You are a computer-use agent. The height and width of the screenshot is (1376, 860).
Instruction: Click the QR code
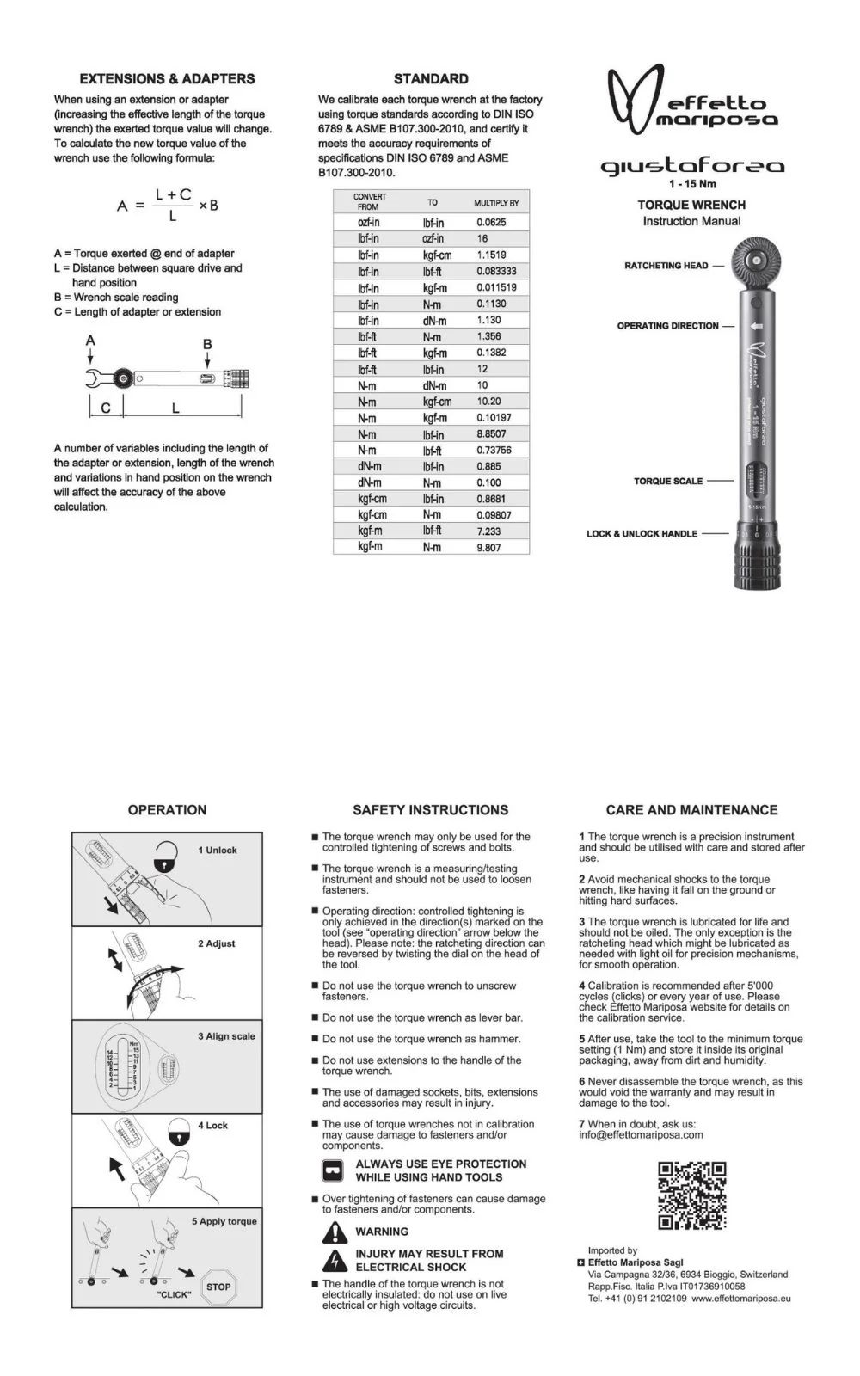(x=691, y=1195)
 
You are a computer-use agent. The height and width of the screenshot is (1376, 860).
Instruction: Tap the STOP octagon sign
(x=218, y=1287)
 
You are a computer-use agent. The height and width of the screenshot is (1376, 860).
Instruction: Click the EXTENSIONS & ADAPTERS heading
(x=167, y=79)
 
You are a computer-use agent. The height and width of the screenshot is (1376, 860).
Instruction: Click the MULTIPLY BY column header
(x=496, y=203)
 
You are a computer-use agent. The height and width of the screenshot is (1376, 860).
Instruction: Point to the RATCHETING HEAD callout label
(x=666, y=266)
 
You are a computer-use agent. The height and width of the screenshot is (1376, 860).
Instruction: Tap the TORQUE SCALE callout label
(x=668, y=482)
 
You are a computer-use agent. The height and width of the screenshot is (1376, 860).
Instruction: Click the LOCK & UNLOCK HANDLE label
(x=642, y=534)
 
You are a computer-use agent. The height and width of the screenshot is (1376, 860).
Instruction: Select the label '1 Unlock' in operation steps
(x=218, y=850)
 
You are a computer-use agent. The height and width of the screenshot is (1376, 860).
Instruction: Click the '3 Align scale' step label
(x=226, y=1036)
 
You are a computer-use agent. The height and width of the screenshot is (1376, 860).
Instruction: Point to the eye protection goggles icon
(x=332, y=1170)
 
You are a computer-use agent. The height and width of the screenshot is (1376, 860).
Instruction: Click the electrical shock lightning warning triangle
(x=335, y=1261)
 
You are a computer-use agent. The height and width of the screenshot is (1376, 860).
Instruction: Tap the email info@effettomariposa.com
(x=641, y=1134)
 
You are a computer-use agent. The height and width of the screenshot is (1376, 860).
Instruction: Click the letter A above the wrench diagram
(x=90, y=341)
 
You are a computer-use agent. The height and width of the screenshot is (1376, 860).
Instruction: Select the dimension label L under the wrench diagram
(x=175, y=408)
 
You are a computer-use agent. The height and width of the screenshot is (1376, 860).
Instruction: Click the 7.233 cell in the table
(x=488, y=531)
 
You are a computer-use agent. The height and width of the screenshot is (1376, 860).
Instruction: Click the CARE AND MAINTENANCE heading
(x=691, y=810)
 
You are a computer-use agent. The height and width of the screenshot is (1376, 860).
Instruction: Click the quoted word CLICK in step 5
(x=175, y=1294)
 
